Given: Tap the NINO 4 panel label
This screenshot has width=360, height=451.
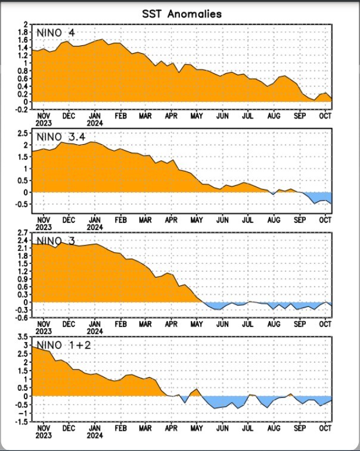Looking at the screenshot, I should [56, 32].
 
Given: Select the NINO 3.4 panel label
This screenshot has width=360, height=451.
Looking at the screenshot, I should [61, 138].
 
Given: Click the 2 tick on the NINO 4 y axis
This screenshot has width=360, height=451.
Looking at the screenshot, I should [26, 25].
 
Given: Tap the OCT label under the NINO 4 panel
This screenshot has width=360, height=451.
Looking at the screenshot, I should [325, 116].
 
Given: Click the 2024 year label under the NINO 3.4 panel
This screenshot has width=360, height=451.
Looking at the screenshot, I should [95, 227].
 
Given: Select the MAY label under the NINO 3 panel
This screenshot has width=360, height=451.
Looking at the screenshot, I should [197, 325].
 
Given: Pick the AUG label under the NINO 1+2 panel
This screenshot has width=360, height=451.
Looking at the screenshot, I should [274, 428].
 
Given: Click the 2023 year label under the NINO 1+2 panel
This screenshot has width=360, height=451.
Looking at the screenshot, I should [44, 435].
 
